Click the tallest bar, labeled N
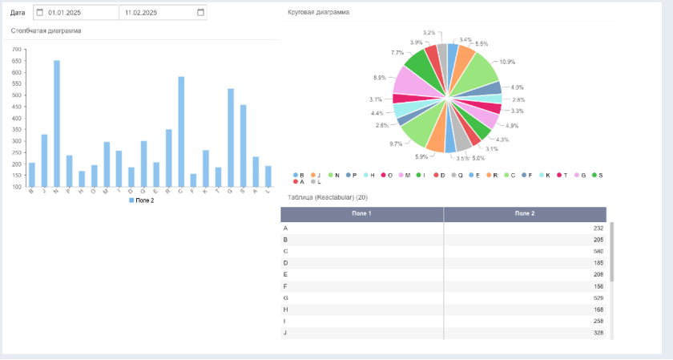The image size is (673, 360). click(x=57, y=123)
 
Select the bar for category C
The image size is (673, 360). click(x=181, y=131)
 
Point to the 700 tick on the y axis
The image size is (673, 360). click(x=17, y=50)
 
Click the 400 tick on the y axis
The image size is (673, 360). click(x=17, y=118)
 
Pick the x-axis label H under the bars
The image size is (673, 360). click(x=82, y=192)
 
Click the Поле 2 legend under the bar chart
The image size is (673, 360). click(x=142, y=200)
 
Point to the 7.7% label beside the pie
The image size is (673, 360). click(x=397, y=52)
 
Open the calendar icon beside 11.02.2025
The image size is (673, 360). click(x=199, y=13)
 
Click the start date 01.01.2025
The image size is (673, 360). click(x=65, y=13)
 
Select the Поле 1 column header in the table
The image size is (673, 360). click(x=362, y=214)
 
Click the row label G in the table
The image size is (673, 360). click(x=286, y=297)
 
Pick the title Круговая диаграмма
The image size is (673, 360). click(x=319, y=12)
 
